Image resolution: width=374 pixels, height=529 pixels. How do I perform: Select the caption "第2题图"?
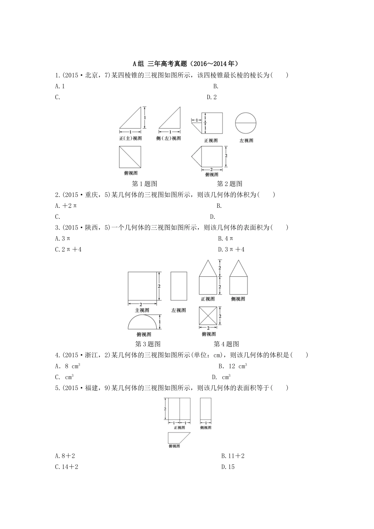(230, 183)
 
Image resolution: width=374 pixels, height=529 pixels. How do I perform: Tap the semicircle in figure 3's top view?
(142, 322)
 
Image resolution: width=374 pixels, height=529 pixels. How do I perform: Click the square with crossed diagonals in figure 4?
(208, 315)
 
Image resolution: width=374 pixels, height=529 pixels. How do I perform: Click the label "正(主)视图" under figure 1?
(130, 139)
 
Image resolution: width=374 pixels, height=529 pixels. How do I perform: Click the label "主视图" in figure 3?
(142, 310)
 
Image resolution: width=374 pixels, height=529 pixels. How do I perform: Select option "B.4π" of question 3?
(226, 239)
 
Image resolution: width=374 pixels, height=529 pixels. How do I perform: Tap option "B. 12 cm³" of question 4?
(233, 366)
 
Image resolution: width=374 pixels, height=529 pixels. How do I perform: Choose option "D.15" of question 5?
(228, 467)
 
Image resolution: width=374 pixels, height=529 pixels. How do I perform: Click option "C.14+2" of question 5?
(67, 467)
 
